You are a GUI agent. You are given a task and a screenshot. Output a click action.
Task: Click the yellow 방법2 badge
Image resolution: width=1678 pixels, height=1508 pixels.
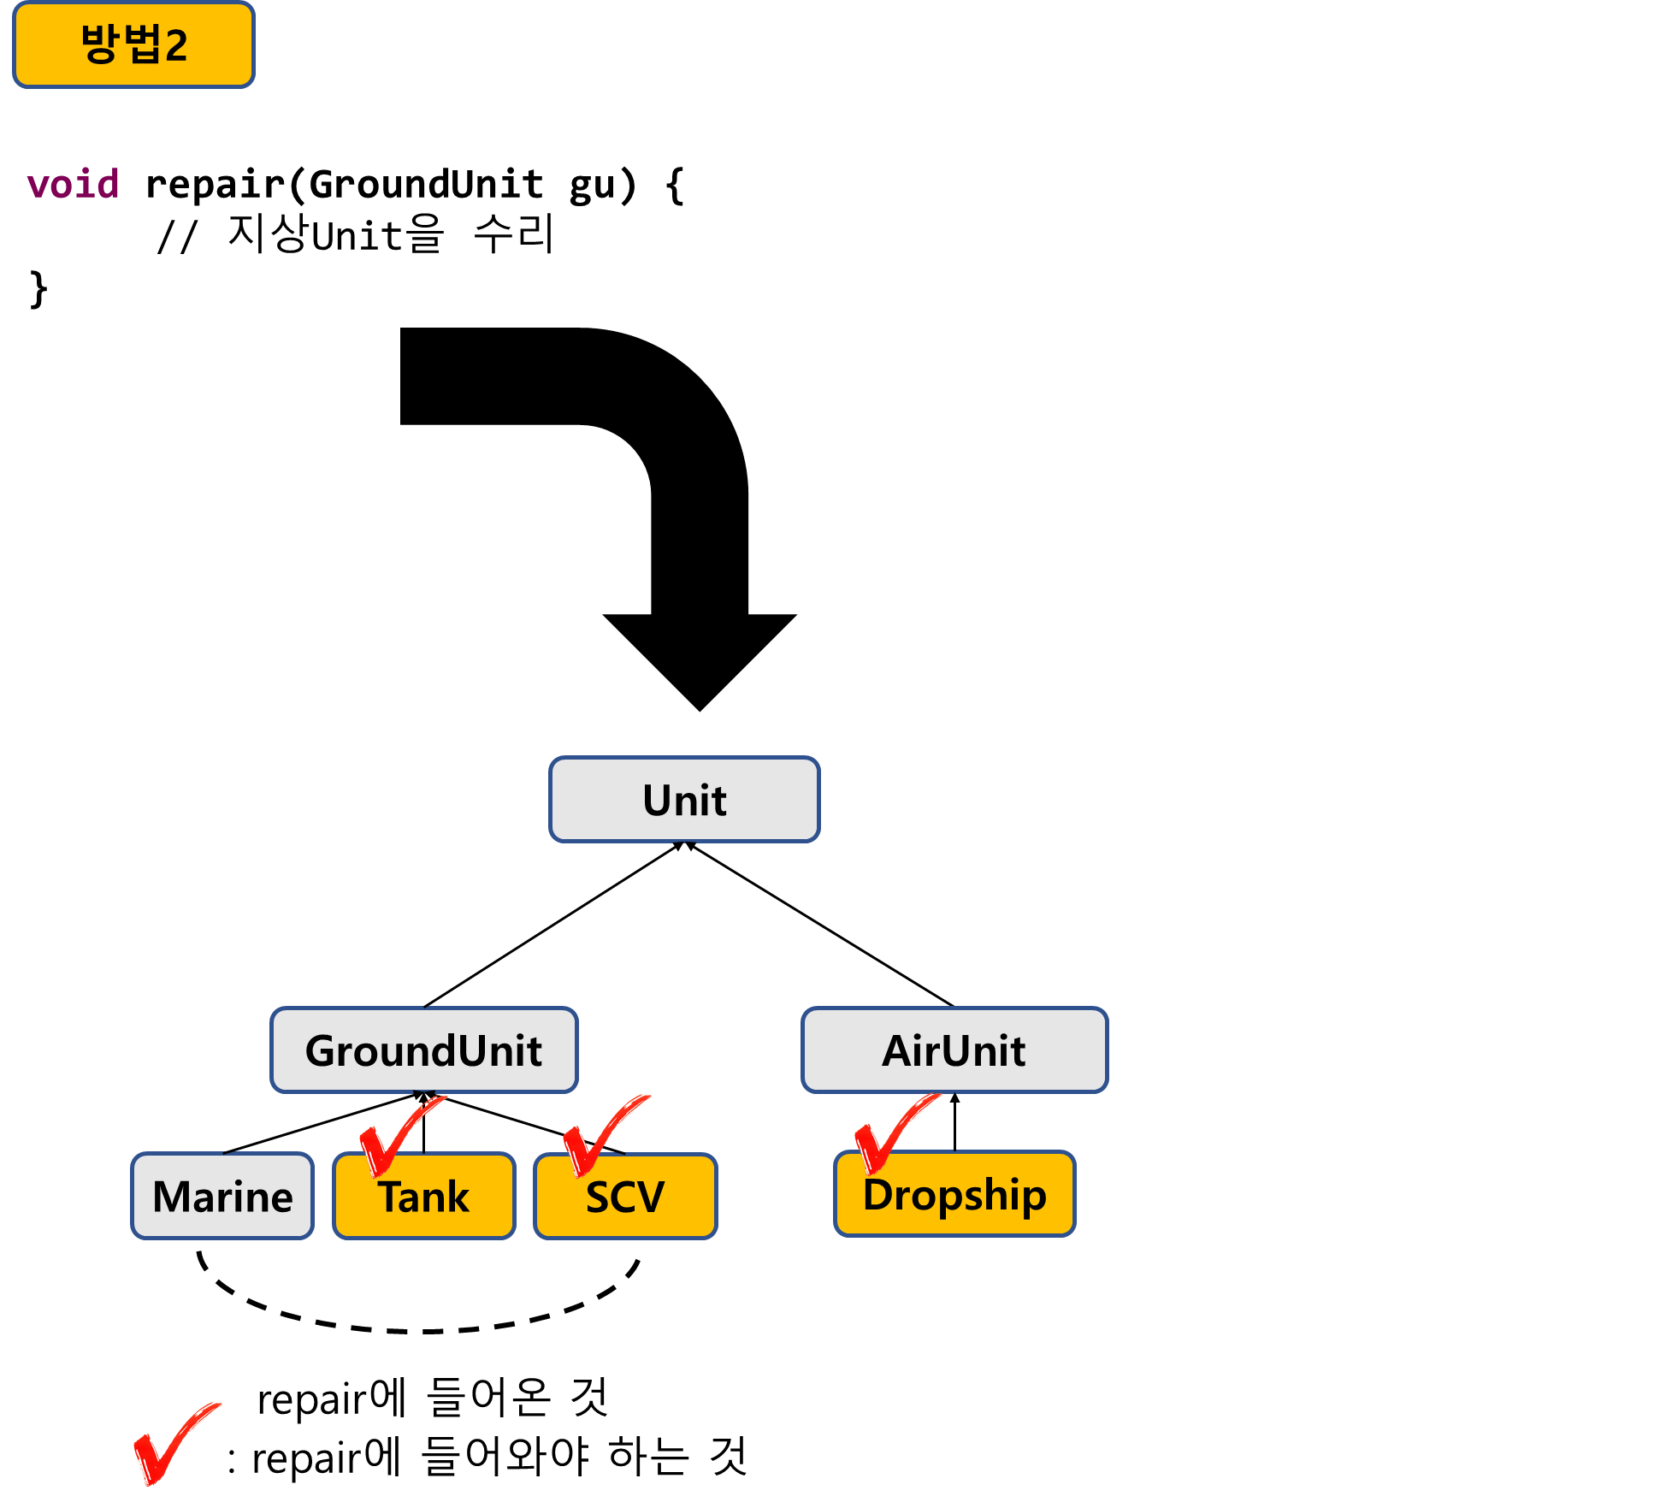coord(133,44)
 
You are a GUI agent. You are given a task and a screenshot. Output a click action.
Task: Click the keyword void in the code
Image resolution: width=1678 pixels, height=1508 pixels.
coord(73,184)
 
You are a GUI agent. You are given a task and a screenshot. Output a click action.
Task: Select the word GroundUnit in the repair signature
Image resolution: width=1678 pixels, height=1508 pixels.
coord(426,184)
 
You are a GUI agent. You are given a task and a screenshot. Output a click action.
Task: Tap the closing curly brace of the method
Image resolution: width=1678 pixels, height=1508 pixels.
coord(38,289)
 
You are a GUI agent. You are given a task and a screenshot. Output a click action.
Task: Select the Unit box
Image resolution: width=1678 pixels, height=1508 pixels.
coord(684,800)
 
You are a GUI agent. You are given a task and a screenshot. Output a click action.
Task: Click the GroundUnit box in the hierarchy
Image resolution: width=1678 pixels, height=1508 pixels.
coord(424,1050)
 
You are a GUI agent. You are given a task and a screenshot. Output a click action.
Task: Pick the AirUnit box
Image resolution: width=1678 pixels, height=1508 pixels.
coord(954,1050)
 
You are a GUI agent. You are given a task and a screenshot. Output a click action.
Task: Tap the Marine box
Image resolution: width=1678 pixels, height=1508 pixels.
coord(222,1196)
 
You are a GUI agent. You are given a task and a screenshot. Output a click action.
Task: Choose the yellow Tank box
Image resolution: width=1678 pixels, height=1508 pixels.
coord(424,1196)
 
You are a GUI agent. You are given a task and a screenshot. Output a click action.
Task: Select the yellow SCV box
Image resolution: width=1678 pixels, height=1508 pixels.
coord(625,1196)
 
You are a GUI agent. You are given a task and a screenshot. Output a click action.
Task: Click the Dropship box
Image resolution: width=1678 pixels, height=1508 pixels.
coord(954,1194)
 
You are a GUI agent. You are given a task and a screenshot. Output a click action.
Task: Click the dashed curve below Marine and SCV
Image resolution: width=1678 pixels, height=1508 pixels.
coord(419,1331)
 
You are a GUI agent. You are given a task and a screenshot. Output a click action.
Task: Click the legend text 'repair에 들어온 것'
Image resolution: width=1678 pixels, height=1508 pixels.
coord(433,1398)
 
